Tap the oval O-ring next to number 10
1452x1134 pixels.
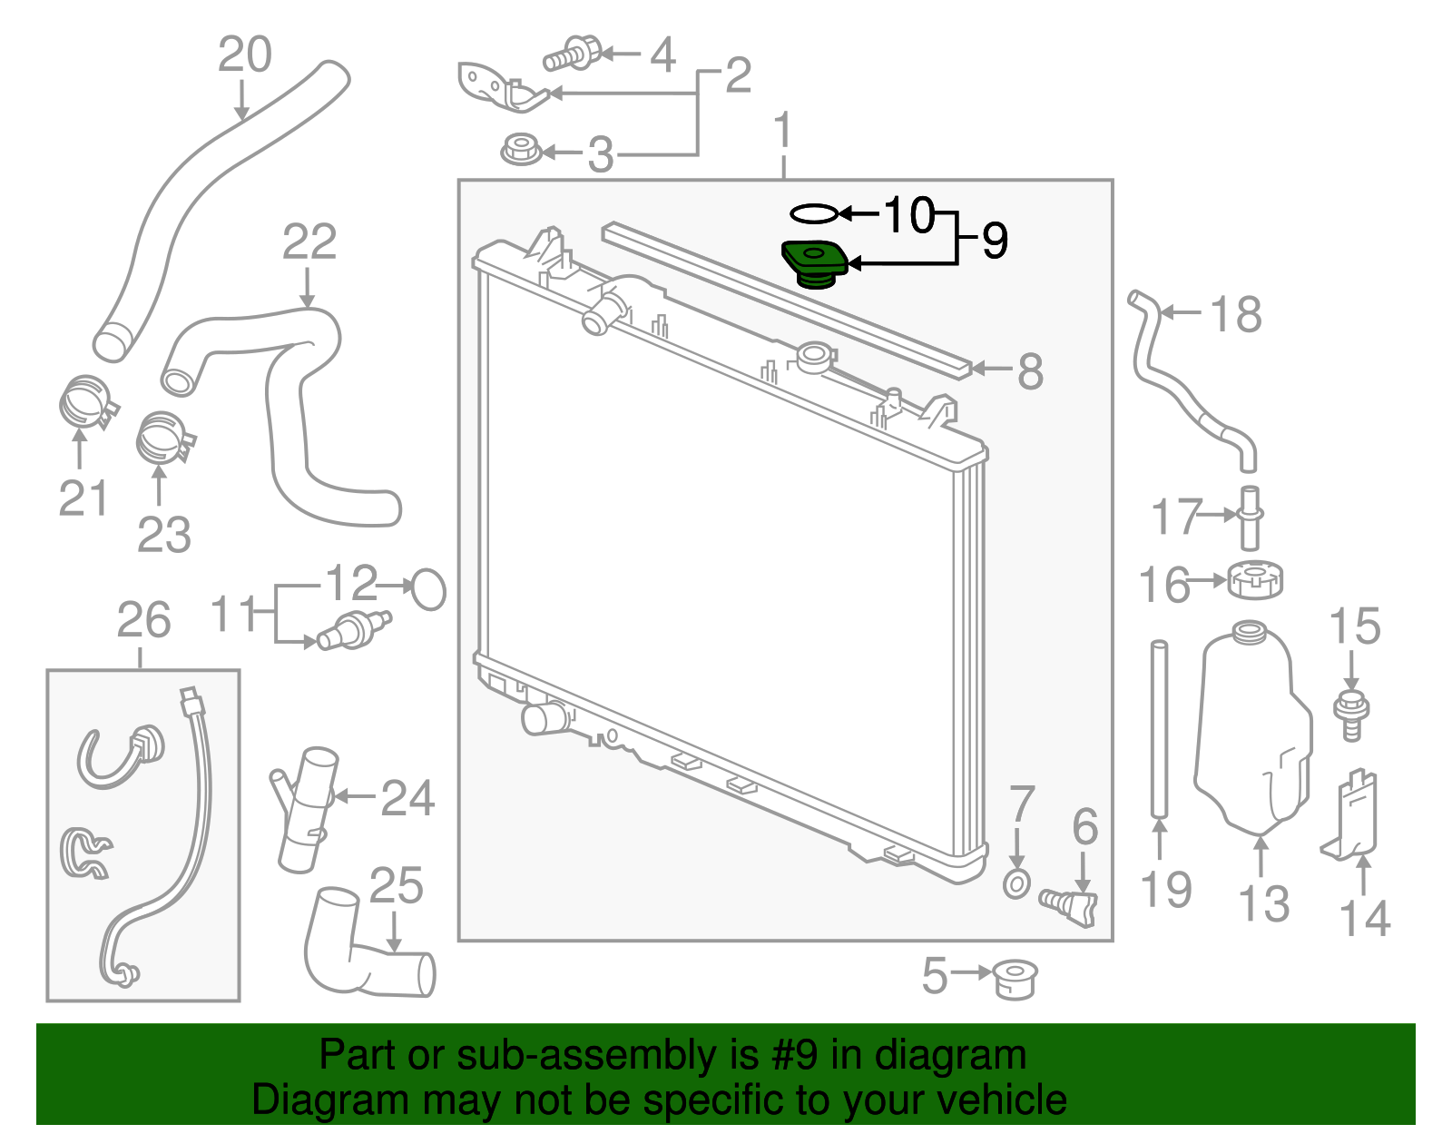point(813,214)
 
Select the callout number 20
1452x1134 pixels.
point(245,55)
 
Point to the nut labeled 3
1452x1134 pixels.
point(521,150)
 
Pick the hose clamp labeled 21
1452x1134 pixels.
point(86,403)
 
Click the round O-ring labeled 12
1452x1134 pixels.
point(428,589)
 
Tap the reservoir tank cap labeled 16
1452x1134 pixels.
point(1255,580)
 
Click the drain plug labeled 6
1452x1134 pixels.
point(1073,905)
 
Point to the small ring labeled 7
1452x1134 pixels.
point(1017,883)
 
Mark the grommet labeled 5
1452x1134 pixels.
point(1015,979)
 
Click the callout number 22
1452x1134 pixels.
point(309,242)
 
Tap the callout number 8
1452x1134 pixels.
point(1030,371)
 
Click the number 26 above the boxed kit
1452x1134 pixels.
point(143,621)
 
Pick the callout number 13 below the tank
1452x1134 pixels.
point(1264,904)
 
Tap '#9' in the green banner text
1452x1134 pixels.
point(795,1056)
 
